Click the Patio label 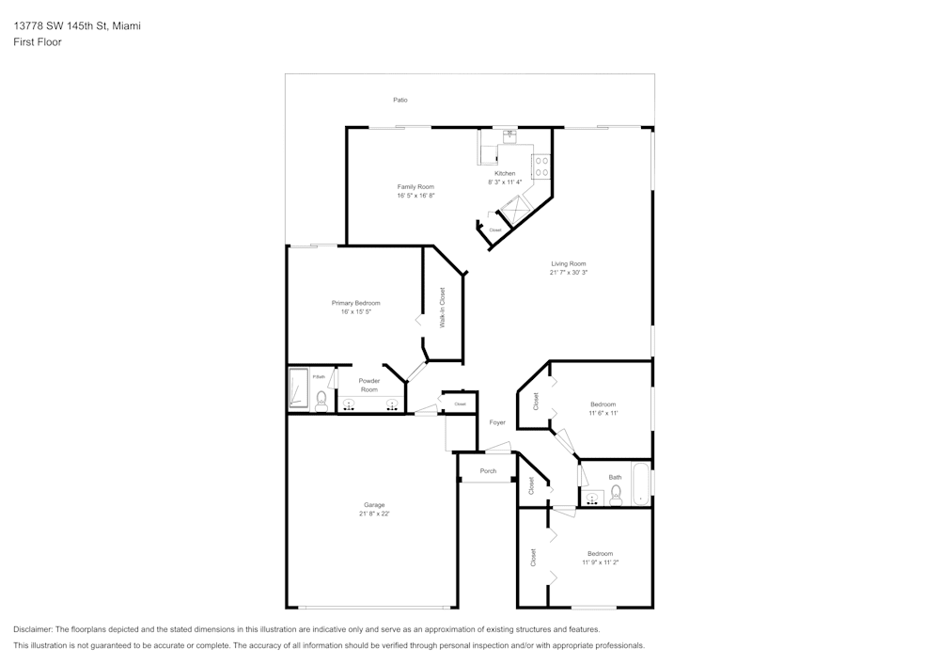tap(400, 100)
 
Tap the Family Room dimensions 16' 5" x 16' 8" tap(415, 197)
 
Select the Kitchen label tap(505, 173)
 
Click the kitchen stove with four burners tap(541, 166)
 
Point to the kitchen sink tap(509, 135)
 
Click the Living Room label tap(569, 263)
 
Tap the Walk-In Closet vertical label tap(443, 308)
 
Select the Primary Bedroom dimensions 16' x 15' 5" tap(355, 311)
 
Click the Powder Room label tap(369, 385)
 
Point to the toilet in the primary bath tap(321, 403)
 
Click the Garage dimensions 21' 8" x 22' tap(374, 515)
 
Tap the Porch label tap(488, 471)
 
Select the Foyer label tap(497, 422)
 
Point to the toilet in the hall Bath tap(616, 496)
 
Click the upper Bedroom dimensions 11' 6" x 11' tap(603, 413)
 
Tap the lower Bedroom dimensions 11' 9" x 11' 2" tap(600, 562)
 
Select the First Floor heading tap(38, 42)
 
